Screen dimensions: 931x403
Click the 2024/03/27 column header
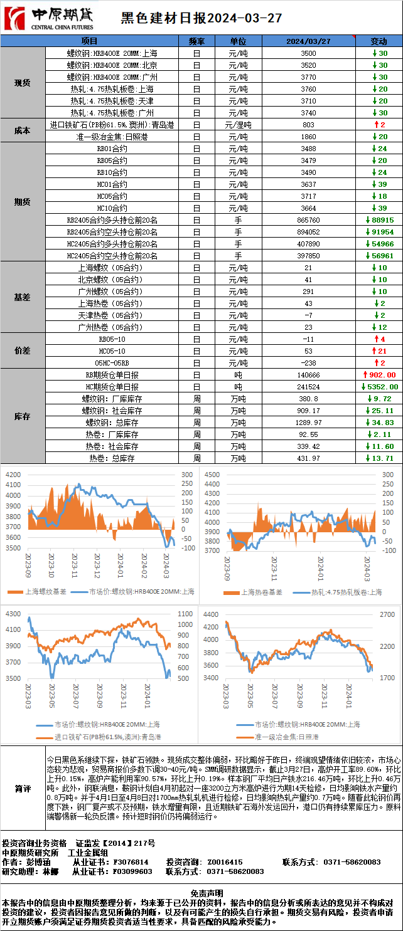pos(308,41)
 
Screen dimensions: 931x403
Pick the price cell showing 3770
pos(308,77)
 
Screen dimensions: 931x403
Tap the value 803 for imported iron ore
pos(308,125)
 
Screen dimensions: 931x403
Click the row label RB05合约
pos(112,160)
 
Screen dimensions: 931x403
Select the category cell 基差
pos(23,297)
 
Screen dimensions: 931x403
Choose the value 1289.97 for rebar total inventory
pos(308,423)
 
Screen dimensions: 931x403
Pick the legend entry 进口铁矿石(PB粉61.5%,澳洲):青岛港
pos(100,737)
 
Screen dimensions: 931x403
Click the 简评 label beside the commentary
pos(23,789)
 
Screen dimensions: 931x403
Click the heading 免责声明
pos(201,892)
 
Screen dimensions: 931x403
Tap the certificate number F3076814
pos(131,862)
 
